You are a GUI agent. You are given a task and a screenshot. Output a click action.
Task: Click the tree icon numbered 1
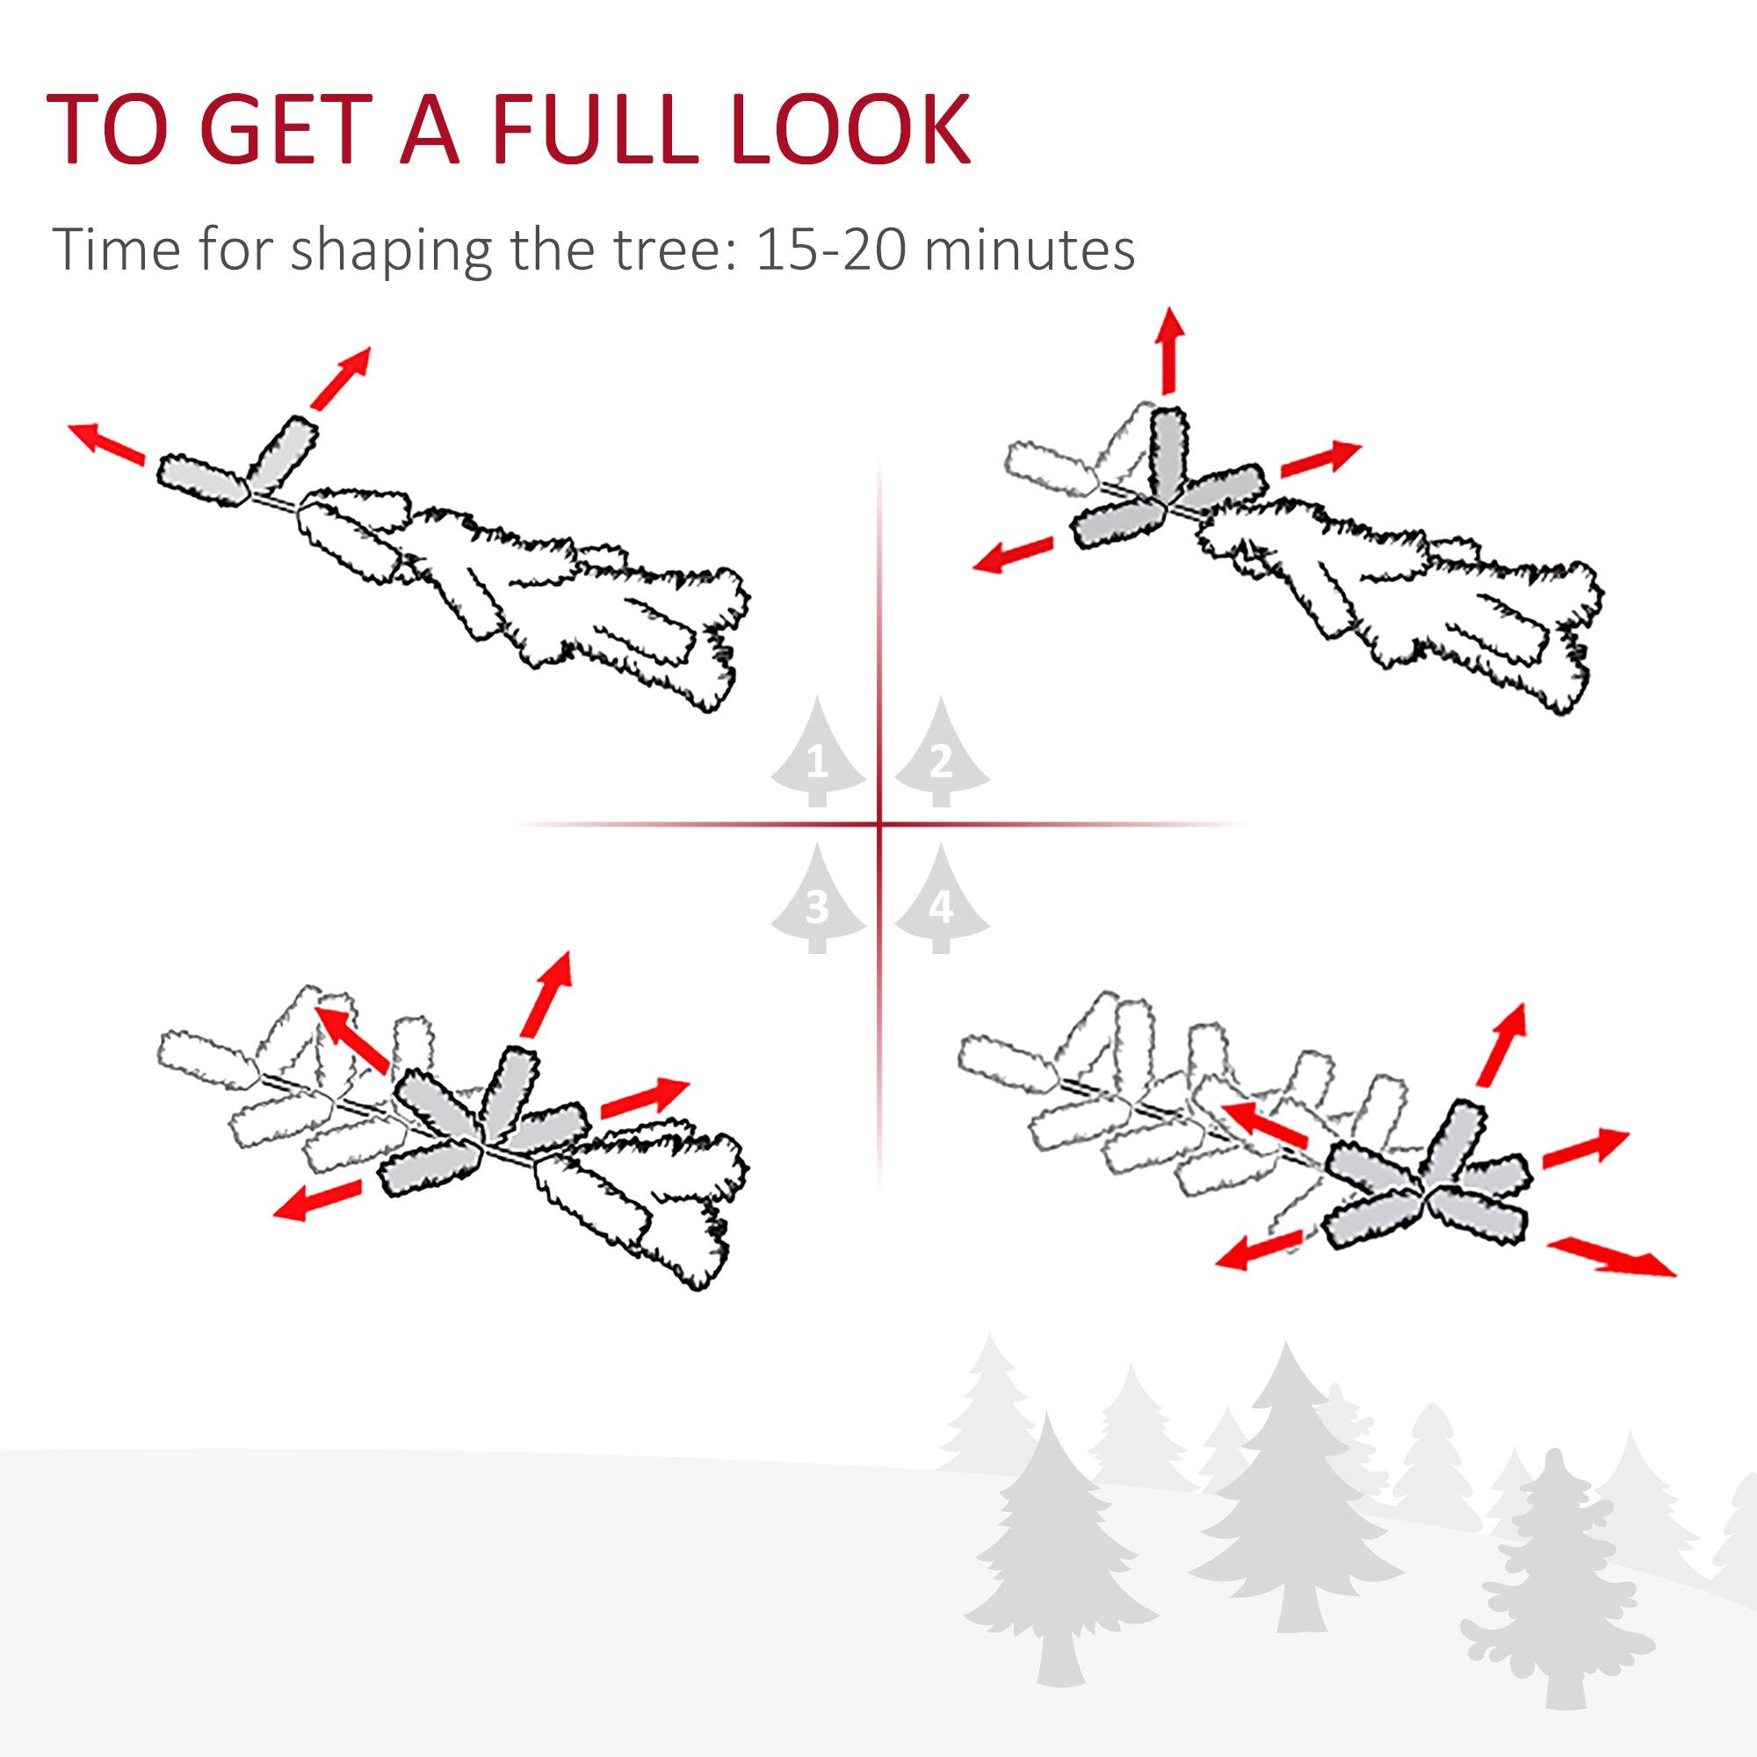coord(818,754)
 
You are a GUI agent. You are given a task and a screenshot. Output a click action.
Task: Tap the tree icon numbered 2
coord(941,754)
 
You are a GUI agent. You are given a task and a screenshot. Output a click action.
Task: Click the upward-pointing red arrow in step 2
coord(1170,351)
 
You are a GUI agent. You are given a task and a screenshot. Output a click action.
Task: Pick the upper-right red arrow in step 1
coord(340,378)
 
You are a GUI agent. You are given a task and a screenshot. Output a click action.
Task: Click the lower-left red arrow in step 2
coord(1012,553)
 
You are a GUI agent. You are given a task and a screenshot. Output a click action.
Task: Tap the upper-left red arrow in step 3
coord(356,1038)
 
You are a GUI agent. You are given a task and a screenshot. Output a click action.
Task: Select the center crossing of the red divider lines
coord(879,825)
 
